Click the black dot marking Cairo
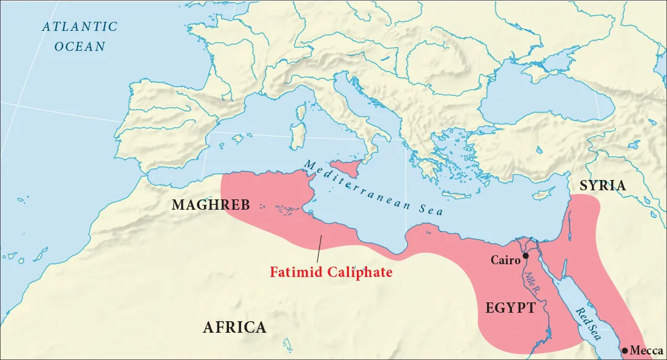525,256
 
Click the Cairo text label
505,261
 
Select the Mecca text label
646,351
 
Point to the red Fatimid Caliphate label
331,272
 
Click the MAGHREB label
211,205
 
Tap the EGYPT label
510,308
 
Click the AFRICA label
234,328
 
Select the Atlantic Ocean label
79,36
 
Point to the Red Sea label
588,324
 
